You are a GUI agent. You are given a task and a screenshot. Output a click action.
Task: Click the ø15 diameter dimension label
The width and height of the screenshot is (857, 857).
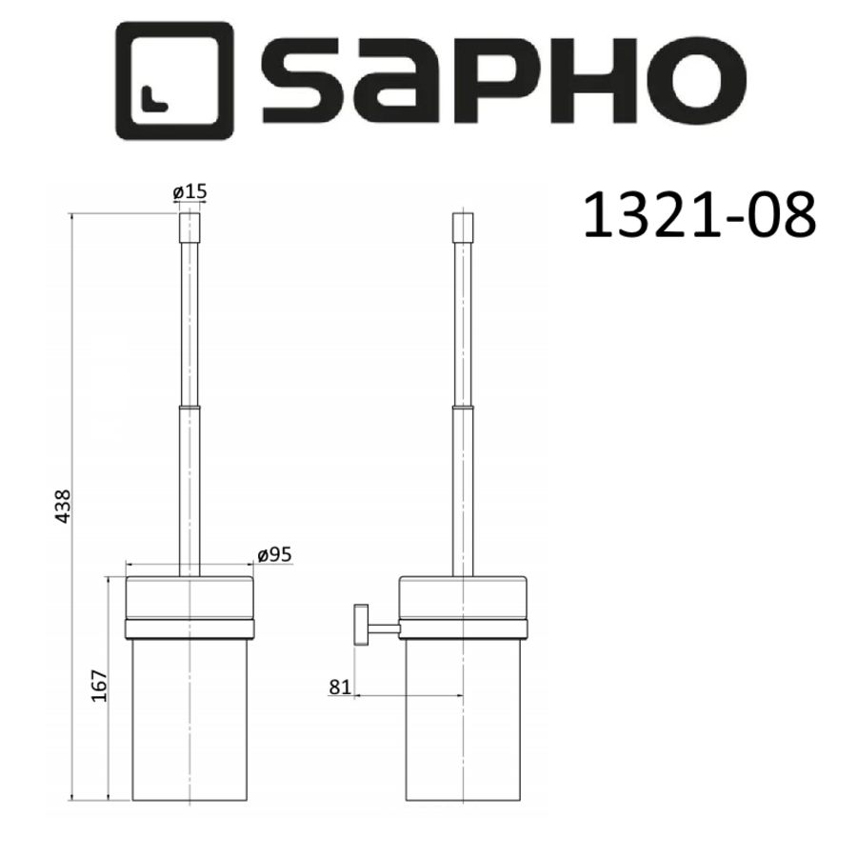[189, 192]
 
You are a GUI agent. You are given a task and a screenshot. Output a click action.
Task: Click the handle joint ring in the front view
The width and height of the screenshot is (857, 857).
[190, 407]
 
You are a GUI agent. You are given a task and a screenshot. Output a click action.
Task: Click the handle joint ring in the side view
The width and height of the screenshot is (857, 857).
[462, 407]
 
